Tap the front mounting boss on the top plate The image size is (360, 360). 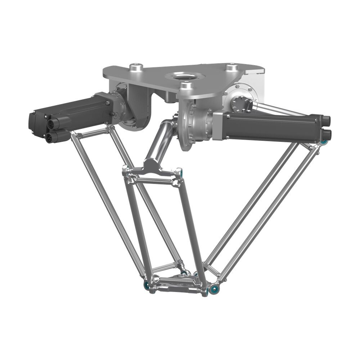click(x=186, y=85)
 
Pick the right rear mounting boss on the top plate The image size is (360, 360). click(x=231, y=67)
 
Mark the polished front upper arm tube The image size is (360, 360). click(x=158, y=142)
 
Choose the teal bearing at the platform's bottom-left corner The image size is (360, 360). click(x=147, y=285)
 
